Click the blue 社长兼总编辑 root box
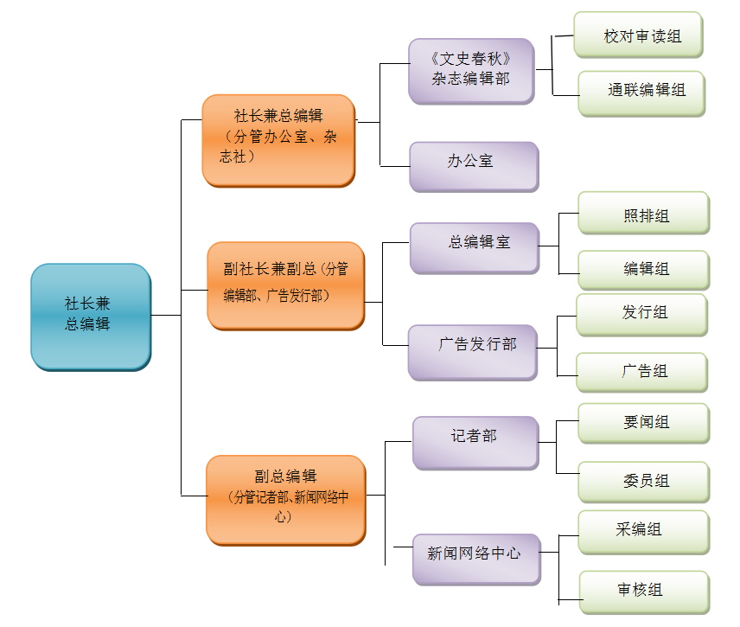[x=90, y=316]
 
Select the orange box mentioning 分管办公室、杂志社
[x=278, y=139]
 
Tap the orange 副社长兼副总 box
[x=285, y=285]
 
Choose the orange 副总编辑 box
[x=285, y=499]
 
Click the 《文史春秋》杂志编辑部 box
[x=470, y=70]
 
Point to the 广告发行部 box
[x=472, y=350]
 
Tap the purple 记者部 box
[x=475, y=442]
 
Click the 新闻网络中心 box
[x=475, y=558]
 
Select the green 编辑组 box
[x=643, y=269]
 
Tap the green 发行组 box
[x=641, y=314]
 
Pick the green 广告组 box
[x=641, y=372]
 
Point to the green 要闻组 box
[x=643, y=423]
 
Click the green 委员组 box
[x=643, y=481]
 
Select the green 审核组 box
[x=643, y=591]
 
